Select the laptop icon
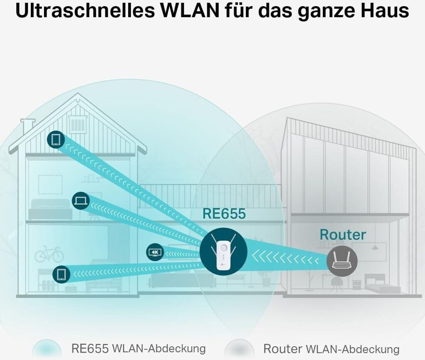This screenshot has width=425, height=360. (80, 201)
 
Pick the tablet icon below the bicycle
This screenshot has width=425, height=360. (61, 274)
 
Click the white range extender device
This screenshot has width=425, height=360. (223, 252)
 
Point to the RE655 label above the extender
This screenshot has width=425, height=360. (224, 214)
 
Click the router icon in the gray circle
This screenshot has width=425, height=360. (342, 260)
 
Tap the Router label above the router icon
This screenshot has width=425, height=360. (342, 234)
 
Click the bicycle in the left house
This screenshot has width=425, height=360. (49, 254)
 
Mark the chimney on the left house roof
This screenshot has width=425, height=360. (28, 126)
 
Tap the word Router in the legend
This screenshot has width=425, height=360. (282, 348)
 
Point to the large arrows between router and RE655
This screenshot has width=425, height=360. (286, 258)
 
